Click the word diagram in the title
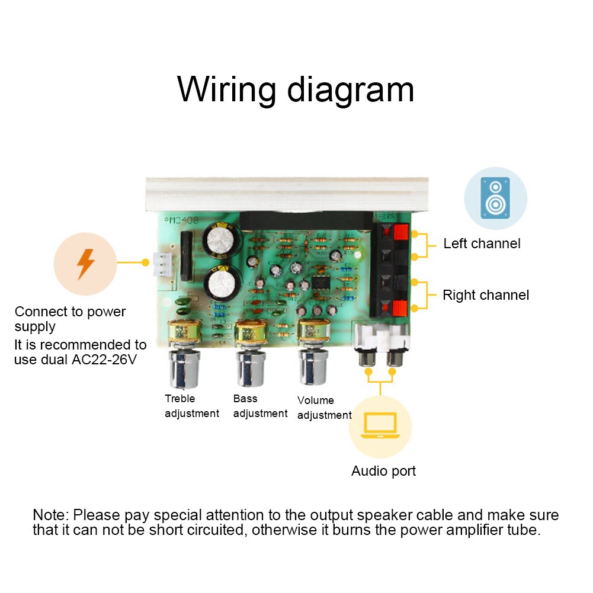[x=351, y=89]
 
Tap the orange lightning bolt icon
[x=86, y=264]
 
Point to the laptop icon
[x=380, y=426]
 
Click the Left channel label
[x=482, y=243]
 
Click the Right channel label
[x=486, y=295]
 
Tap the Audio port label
[x=383, y=471]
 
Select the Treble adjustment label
[x=191, y=406]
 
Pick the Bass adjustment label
[x=260, y=406]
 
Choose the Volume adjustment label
[x=324, y=408]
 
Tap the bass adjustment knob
[x=251, y=367]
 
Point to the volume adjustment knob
[x=312, y=366]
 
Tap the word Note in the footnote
[x=50, y=515]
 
